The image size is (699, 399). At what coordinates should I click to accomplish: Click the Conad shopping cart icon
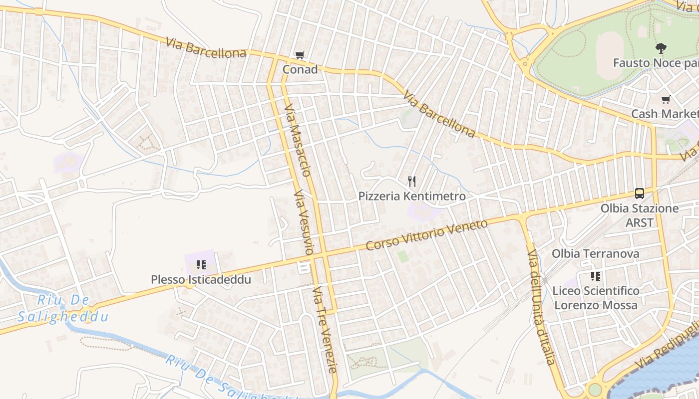300,55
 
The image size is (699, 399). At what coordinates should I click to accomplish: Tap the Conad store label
300,69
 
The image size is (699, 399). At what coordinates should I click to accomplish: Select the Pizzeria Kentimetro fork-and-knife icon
412,182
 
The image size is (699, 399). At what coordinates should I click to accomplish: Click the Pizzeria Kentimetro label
412,196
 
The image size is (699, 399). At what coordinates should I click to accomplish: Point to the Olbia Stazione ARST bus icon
640,193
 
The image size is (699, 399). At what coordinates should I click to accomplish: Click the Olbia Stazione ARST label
640,215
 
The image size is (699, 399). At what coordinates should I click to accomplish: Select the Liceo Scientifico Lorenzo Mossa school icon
595,276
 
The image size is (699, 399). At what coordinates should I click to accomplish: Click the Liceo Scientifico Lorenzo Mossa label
596,298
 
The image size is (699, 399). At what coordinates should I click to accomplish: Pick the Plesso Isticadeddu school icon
201,265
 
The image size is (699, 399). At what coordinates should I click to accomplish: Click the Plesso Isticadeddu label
201,279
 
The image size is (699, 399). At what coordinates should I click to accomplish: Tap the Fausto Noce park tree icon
661,48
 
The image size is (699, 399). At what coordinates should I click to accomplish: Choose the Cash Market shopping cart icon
666,100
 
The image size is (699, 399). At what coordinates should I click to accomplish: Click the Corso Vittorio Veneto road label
426,235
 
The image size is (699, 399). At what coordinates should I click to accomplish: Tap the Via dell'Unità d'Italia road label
541,307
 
